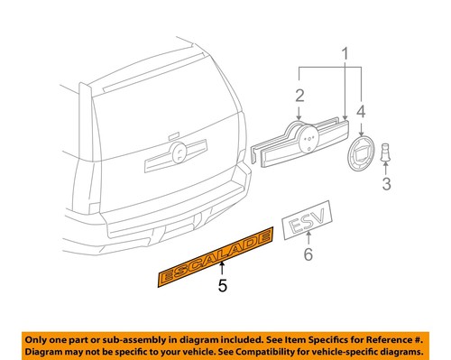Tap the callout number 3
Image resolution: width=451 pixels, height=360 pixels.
point(385,185)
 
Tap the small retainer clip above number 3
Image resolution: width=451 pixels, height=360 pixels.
point(385,154)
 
